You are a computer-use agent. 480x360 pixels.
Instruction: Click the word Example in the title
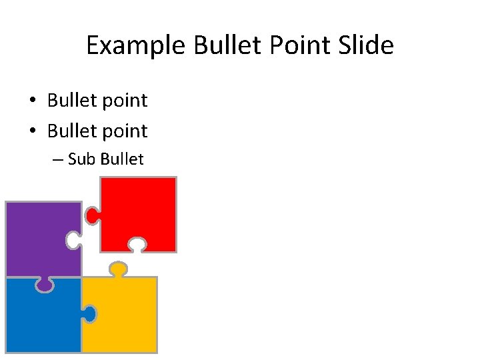137,46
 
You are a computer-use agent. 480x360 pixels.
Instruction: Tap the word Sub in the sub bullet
82,159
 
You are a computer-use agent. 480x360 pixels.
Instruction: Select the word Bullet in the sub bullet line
122,159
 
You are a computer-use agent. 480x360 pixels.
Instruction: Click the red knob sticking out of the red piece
92,215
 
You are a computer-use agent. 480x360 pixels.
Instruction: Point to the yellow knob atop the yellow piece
118,269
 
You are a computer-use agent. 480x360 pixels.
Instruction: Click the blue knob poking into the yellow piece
89,313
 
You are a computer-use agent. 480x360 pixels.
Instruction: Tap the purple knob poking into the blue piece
45,285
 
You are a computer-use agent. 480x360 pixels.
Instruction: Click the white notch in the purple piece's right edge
73,241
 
